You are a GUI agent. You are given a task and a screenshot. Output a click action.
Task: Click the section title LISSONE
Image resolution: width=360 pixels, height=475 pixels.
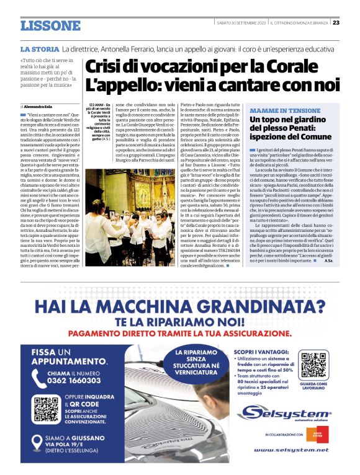click(x=50, y=25)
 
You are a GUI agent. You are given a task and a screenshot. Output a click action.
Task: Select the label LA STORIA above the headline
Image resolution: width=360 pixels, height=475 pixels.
click(x=39, y=48)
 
